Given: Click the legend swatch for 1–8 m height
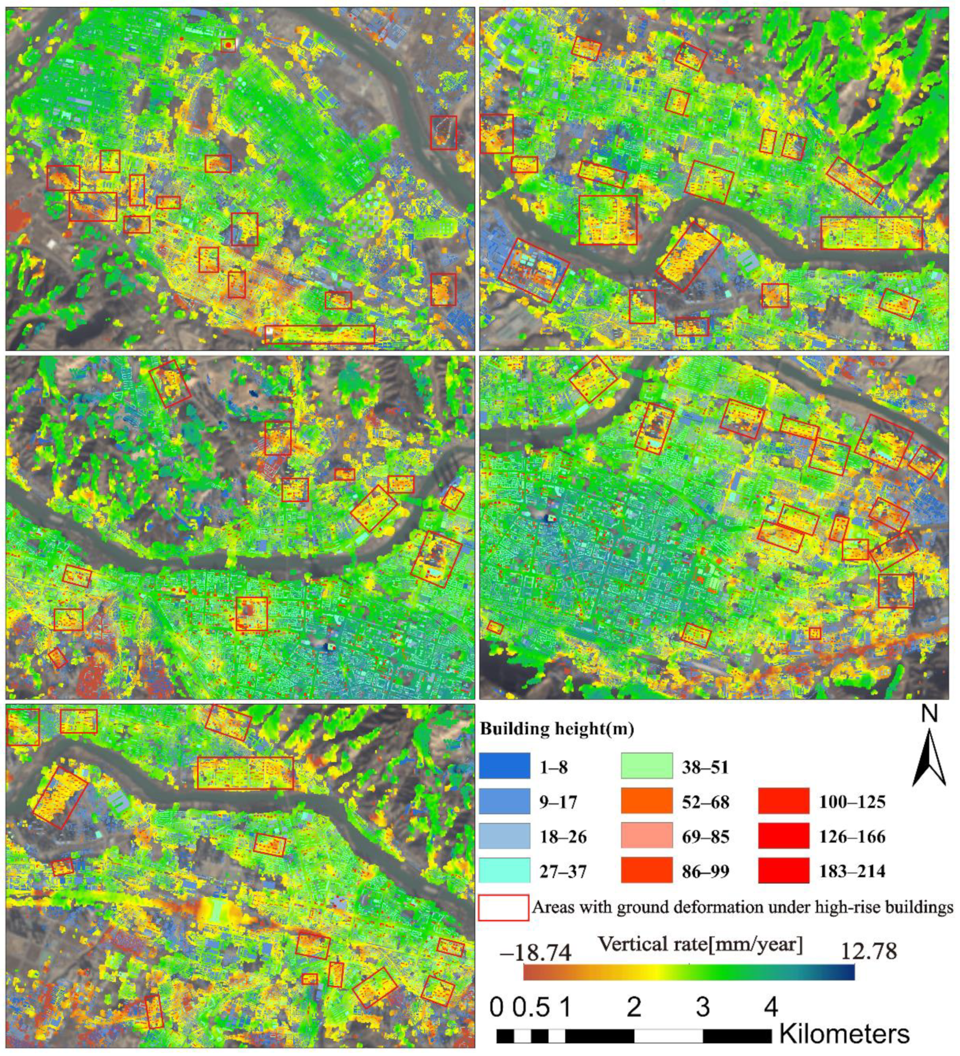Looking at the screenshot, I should coord(504,766).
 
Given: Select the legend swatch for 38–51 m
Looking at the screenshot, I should coord(647,766).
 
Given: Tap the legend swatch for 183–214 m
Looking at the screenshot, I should coord(783,871).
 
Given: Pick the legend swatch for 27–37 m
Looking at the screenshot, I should coord(504,871).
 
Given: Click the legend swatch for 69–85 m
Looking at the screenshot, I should coord(647,836).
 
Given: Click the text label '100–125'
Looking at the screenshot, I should coord(852,802).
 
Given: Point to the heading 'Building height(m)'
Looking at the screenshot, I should coord(557,729).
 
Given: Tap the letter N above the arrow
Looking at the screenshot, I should coord(929,714).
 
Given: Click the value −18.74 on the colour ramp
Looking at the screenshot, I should coord(535,953).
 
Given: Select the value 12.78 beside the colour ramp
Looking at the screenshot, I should coord(868,951).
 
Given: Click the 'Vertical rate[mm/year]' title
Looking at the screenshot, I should coord(701,944).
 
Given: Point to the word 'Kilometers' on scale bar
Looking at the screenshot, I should coord(844,1035).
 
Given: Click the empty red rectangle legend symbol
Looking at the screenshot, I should coord(503,907).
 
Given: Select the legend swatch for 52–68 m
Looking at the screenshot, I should coord(647,802).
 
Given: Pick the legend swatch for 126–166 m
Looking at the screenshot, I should coord(783,836).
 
